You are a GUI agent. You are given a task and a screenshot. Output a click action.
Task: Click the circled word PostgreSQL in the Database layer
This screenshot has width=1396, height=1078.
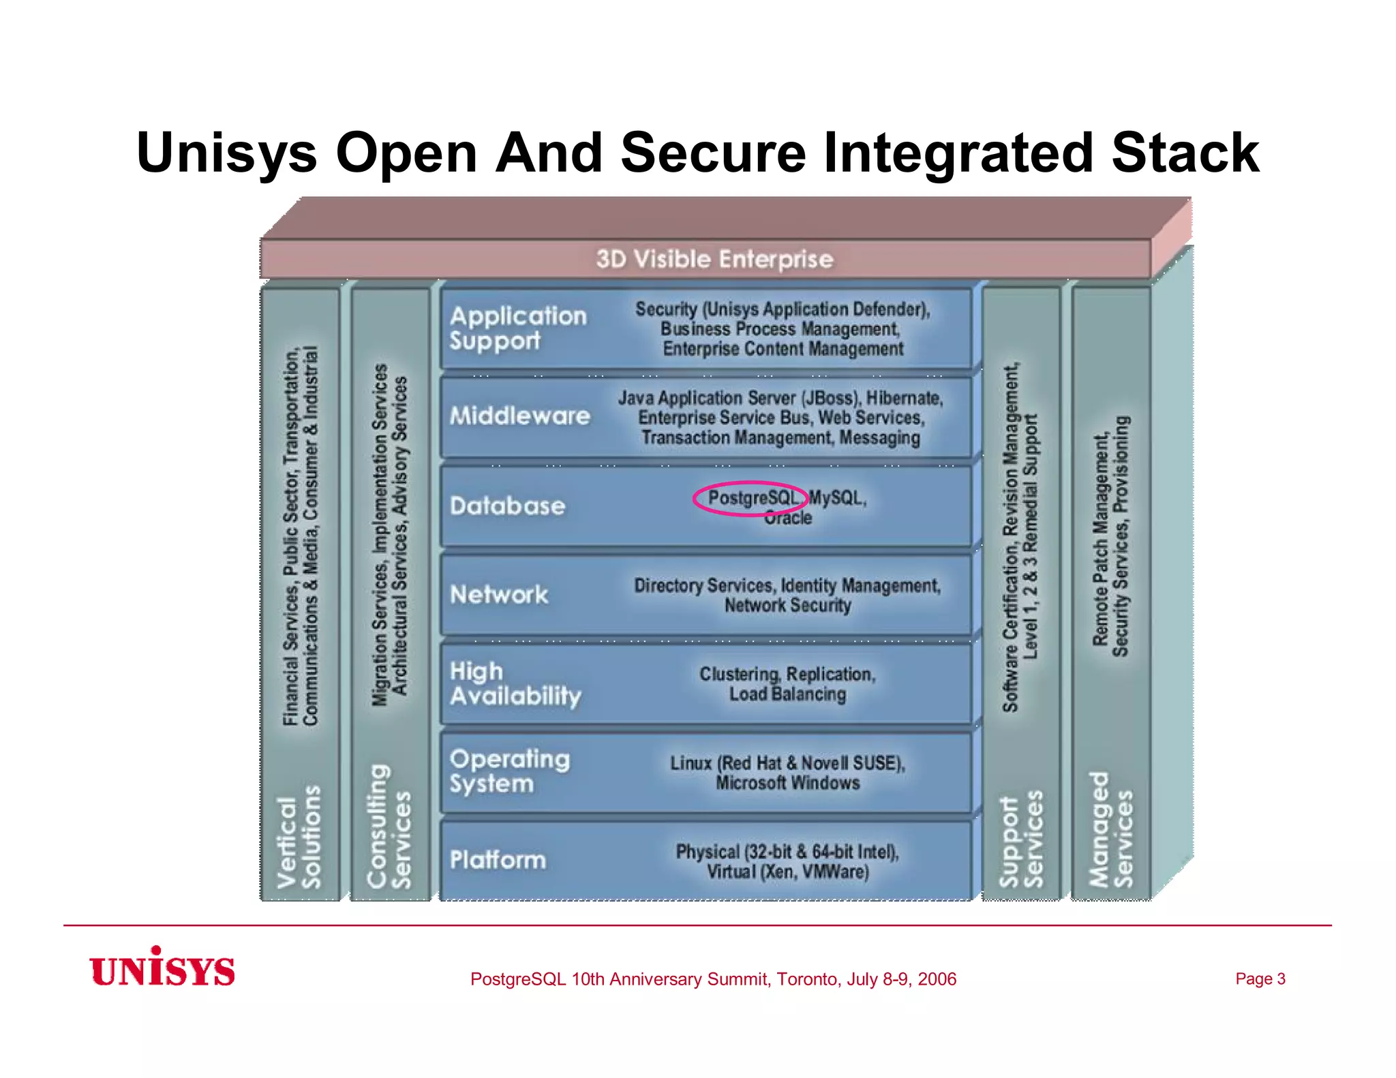(x=752, y=498)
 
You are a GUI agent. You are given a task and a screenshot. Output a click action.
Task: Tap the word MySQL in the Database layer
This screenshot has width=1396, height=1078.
(x=836, y=498)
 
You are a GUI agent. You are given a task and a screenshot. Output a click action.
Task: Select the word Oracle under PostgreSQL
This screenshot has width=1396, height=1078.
(x=788, y=518)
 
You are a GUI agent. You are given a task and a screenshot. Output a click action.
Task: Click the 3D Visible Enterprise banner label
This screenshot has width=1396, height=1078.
(x=714, y=259)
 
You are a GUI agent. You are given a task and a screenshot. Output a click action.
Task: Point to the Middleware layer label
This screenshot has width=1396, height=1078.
(x=519, y=416)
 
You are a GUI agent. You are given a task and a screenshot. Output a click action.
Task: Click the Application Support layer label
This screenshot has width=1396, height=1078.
(x=517, y=328)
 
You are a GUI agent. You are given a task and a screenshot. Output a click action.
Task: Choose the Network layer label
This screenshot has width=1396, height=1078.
(x=499, y=594)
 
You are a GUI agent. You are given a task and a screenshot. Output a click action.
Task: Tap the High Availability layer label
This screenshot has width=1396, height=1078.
(x=515, y=683)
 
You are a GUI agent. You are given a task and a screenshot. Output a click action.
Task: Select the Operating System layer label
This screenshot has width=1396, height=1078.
(x=509, y=771)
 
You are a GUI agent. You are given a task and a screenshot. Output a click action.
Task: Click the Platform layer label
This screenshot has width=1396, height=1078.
(x=498, y=860)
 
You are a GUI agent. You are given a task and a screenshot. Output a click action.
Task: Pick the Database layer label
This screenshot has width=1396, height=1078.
(x=507, y=506)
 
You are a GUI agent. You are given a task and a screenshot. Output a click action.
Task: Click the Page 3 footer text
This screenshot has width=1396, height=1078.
(x=1260, y=979)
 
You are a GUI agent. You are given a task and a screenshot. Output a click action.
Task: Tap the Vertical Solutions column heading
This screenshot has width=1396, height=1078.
(x=299, y=837)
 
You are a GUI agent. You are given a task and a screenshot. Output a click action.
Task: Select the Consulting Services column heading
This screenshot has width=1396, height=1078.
(x=389, y=827)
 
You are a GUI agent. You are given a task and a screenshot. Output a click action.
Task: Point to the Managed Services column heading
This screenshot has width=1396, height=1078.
(x=1110, y=829)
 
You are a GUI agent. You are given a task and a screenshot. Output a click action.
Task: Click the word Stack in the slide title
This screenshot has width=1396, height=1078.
(x=1185, y=153)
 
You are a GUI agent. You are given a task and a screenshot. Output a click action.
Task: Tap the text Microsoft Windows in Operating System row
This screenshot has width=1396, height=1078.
(x=787, y=783)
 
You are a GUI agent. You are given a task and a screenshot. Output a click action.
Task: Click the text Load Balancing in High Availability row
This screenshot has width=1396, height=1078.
(x=787, y=694)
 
